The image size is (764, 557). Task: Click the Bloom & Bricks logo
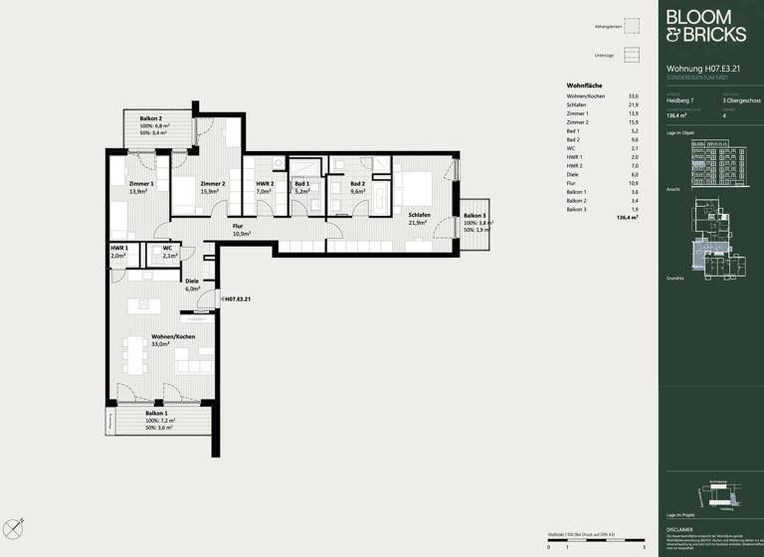[x=704, y=26]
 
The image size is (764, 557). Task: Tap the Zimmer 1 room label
[x=141, y=184]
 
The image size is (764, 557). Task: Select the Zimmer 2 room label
[x=213, y=184]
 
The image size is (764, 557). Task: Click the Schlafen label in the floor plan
[x=418, y=215]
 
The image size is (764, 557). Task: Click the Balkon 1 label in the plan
[x=156, y=413]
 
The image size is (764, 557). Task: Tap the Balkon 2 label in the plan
[x=151, y=119]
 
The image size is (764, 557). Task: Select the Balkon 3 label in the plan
[x=475, y=216]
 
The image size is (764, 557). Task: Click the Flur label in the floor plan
[x=238, y=226]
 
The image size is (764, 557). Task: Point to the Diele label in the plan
[x=192, y=281]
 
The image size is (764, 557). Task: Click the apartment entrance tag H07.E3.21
[x=237, y=298]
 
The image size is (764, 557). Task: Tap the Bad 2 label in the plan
[x=357, y=184]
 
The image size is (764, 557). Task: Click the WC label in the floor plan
[x=167, y=248]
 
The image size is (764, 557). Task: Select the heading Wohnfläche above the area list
[x=585, y=86]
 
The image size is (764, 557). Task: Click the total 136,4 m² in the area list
[x=627, y=217]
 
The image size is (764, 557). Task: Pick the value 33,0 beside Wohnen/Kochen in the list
[x=633, y=95]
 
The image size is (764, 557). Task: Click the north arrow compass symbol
[x=13, y=528]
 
